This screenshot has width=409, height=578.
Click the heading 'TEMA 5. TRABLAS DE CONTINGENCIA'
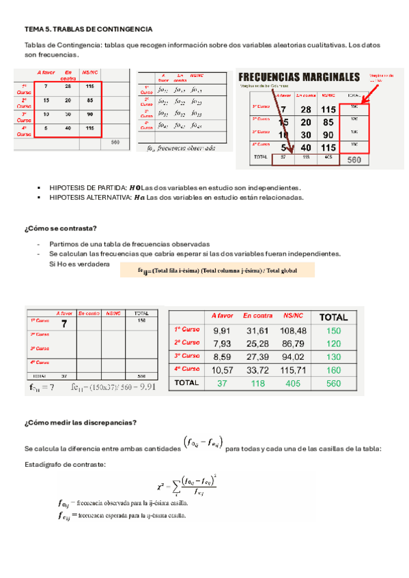point(88,30)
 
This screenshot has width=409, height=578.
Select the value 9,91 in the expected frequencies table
point(223,331)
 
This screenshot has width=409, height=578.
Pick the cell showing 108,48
point(293,331)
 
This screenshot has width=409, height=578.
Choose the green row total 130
point(333,356)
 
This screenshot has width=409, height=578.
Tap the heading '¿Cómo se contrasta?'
point(60,228)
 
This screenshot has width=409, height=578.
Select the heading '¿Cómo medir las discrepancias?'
point(80,422)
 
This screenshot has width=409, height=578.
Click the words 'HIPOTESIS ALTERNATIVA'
point(91,198)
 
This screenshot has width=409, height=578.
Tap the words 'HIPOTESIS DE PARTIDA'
point(88,187)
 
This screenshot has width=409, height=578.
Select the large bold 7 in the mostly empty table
point(64,324)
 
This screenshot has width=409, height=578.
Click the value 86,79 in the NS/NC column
point(293,344)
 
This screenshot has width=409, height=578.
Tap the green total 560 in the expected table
point(333,383)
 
